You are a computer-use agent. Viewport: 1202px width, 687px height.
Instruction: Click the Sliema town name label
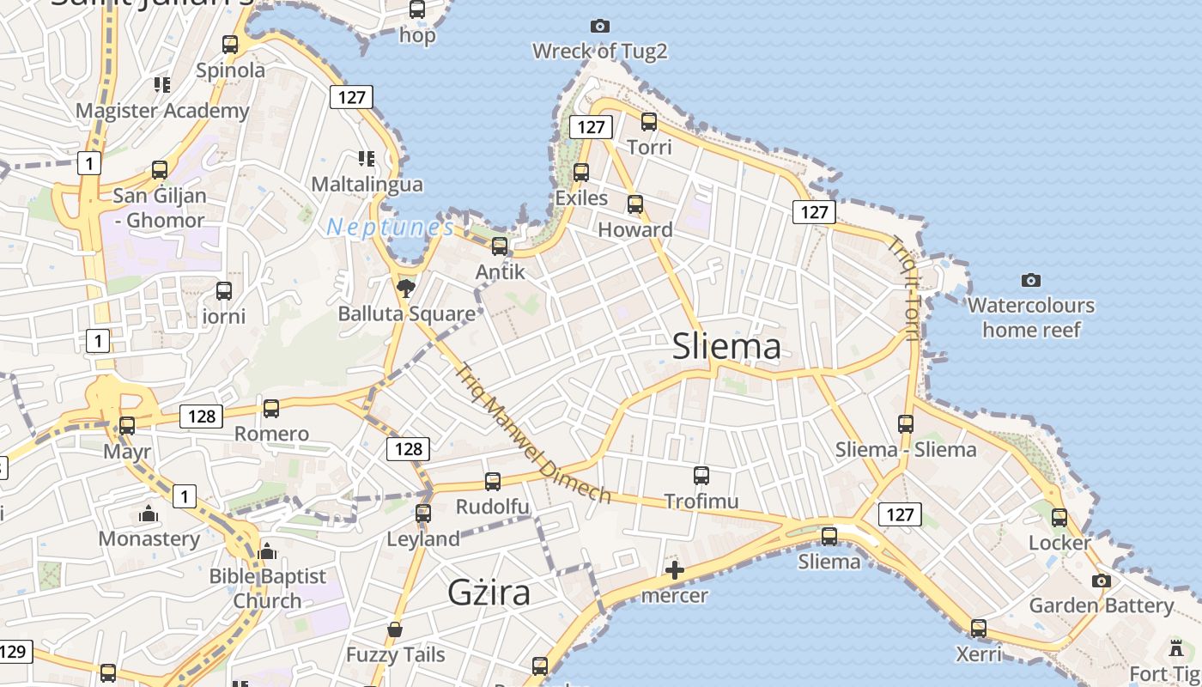tap(726, 346)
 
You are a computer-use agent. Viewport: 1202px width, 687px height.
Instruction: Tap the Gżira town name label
tap(489, 593)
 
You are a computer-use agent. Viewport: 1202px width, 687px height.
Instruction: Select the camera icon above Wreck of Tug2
tap(600, 27)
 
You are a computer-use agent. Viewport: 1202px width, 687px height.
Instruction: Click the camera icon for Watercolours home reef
tap(1031, 280)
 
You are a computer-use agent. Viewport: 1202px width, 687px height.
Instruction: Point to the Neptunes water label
tap(391, 228)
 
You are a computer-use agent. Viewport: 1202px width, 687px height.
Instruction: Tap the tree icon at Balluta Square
tap(406, 288)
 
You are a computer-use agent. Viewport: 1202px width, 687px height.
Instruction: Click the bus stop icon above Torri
tap(649, 122)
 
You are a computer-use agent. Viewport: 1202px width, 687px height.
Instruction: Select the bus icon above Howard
tap(635, 204)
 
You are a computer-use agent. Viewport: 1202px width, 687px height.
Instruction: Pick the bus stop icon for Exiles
tap(581, 173)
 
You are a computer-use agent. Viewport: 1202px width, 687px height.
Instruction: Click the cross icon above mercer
tap(675, 569)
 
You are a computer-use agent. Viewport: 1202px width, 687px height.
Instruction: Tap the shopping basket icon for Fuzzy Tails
tap(395, 630)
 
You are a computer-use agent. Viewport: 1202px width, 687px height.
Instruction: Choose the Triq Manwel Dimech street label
tap(532, 435)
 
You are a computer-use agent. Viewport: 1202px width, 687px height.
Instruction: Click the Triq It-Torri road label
tap(906, 288)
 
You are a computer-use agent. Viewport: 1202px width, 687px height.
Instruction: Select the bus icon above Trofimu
tap(701, 475)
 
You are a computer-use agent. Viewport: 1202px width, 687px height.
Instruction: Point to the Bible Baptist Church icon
tap(267, 550)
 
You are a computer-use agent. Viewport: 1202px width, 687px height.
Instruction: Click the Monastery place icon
tap(149, 514)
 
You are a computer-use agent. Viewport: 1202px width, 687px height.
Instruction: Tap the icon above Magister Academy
tap(162, 85)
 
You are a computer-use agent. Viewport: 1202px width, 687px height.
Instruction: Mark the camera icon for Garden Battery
tap(1102, 581)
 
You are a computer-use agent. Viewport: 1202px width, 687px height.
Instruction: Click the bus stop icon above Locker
tap(1059, 518)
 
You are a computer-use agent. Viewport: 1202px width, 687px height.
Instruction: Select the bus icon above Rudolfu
tap(493, 482)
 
